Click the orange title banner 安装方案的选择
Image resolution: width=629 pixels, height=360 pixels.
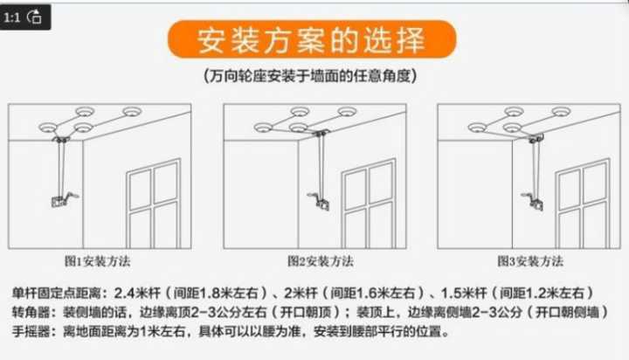(312, 39)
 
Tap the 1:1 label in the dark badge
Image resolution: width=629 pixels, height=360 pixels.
(12, 17)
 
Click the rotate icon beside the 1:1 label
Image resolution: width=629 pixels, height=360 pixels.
(34, 17)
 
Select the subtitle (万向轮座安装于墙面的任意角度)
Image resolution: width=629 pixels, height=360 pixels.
(310, 75)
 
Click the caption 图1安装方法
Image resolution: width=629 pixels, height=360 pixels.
(98, 261)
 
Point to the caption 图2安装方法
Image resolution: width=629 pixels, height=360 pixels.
(321, 261)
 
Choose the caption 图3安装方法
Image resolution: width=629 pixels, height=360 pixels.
(530, 261)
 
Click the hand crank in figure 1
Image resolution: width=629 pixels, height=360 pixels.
(64, 199)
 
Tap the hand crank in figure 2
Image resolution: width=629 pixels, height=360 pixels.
(320, 201)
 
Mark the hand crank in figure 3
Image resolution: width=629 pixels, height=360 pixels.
(533, 201)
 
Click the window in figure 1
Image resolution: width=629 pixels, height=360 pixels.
(154, 204)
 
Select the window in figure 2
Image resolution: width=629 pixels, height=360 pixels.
(369, 204)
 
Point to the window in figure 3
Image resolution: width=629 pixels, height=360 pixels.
(583, 204)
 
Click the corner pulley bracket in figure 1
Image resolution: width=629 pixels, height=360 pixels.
(61, 139)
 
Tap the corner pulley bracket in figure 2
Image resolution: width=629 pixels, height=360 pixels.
(321, 133)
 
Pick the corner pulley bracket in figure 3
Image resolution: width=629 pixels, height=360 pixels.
(536, 139)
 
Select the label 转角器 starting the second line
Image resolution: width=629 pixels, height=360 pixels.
(31, 312)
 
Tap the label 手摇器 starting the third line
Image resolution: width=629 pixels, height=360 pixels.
(31, 331)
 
